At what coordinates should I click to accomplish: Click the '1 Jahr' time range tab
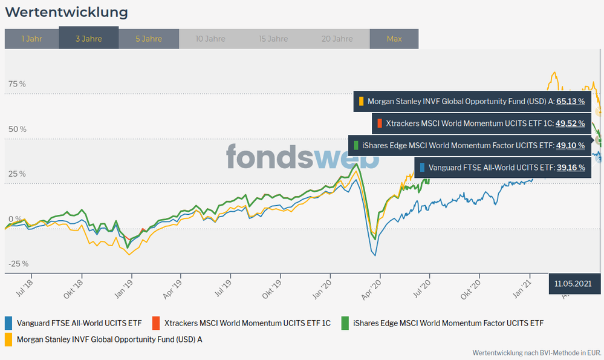(x=31, y=39)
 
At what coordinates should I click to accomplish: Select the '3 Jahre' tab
(x=88, y=39)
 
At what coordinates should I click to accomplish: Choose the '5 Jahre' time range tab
(x=149, y=39)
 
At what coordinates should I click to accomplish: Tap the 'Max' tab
(x=394, y=39)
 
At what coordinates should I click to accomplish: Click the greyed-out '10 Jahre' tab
(x=210, y=39)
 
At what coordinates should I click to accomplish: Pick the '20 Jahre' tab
(x=337, y=39)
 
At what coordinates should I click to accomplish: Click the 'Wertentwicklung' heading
(x=67, y=12)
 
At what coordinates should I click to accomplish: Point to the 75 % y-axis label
(x=18, y=84)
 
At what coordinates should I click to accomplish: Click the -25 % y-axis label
(x=18, y=264)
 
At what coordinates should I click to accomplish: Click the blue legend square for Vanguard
(x=8, y=323)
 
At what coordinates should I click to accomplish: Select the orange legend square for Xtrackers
(x=156, y=323)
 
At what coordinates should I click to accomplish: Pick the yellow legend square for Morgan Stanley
(x=8, y=339)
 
